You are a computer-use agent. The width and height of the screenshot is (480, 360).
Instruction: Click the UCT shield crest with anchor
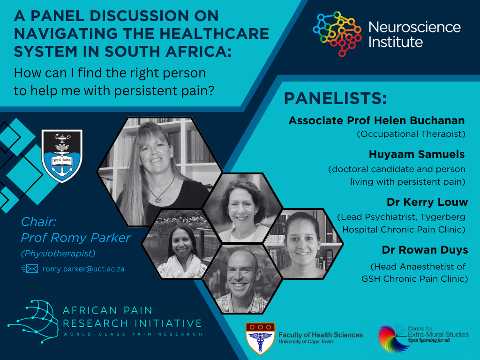coord(62,156)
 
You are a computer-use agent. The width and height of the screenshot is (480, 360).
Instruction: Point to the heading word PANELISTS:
coord(336,99)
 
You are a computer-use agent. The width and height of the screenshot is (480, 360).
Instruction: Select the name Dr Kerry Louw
coord(427,202)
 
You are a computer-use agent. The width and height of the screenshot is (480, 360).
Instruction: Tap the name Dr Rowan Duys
coord(425,249)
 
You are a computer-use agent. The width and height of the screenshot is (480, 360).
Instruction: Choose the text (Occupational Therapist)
coord(411,134)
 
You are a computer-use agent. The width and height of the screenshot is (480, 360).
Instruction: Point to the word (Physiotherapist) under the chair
coord(58,254)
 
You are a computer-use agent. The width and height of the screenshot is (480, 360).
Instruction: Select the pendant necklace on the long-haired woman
coord(157,198)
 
